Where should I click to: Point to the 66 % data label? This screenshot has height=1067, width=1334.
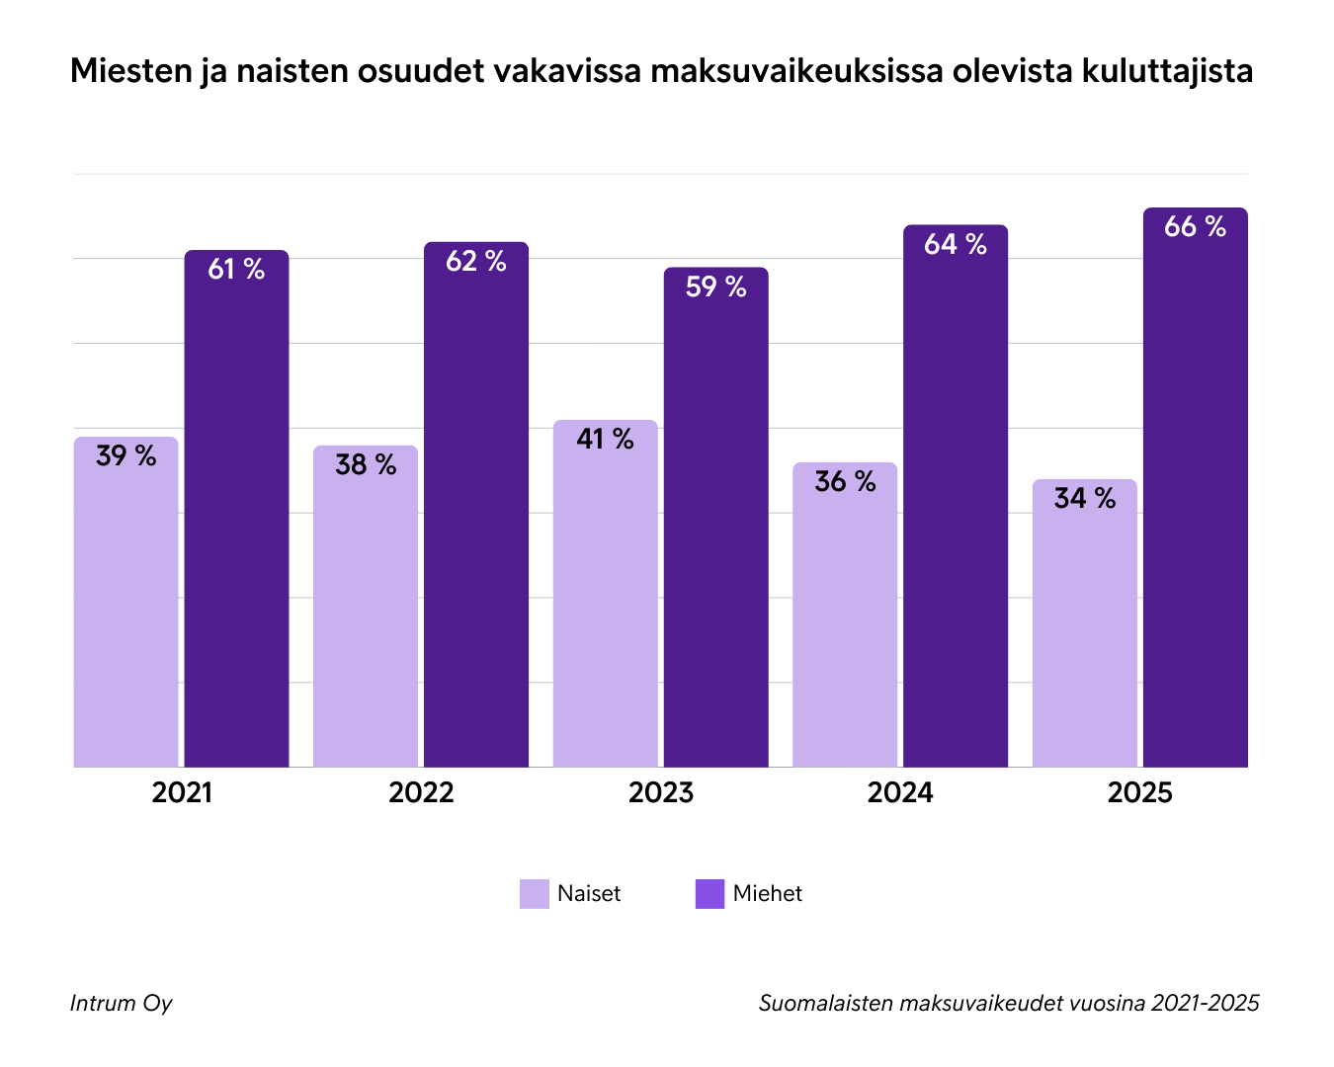pyautogui.click(x=1195, y=227)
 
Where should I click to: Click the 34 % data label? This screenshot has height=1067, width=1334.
pyautogui.click(x=1084, y=498)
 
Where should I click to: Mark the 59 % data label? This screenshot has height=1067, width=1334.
pyautogui.click(x=715, y=287)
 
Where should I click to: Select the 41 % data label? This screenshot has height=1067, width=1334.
pyautogui.click(x=605, y=439)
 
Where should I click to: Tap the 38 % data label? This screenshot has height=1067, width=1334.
pyautogui.click(x=366, y=464)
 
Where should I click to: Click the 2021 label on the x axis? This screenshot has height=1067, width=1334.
pyautogui.click(x=182, y=792)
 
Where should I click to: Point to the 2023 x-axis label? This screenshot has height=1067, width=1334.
pyautogui.click(x=661, y=792)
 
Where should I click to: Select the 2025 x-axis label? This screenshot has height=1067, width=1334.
pyautogui.click(x=1139, y=792)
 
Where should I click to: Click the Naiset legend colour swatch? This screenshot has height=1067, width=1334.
pyautogui.click(x=534, y=893)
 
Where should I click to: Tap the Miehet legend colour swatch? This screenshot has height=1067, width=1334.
pyautogui.click(x=709, y=893)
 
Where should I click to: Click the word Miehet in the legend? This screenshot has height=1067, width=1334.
pyautogui.click(x=767, y=893)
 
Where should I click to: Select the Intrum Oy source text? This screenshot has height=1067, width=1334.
pyautogui.click(x=121, y=1003)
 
